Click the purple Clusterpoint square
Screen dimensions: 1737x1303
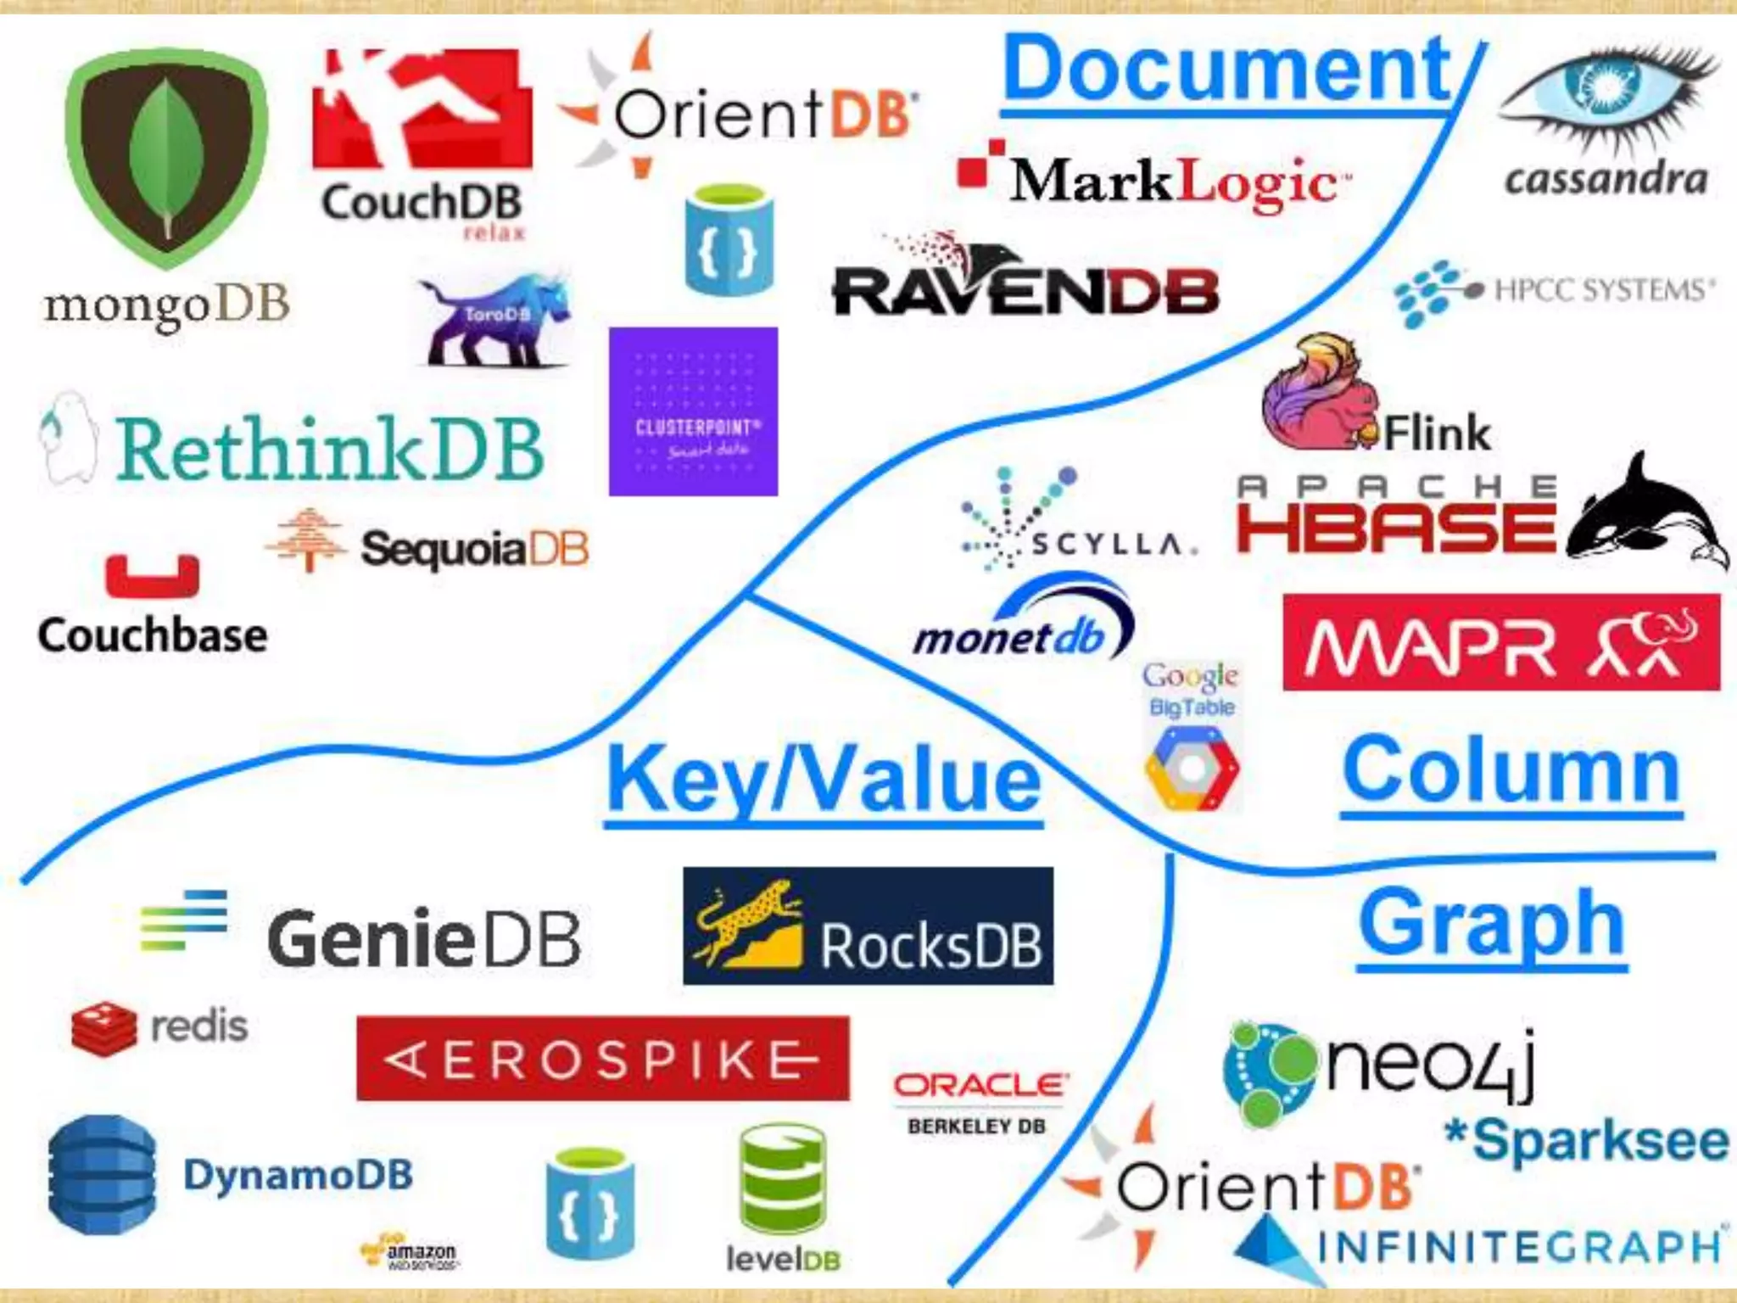point(693,411)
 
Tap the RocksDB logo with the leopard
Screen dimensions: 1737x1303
point(868,926)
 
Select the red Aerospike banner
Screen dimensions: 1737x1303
point(602,1059)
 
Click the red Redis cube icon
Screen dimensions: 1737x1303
point(103,1028)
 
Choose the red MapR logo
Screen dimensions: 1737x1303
point(1501,642)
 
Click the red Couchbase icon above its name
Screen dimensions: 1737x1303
point(153,577)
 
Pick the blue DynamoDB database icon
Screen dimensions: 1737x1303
point(103,1175)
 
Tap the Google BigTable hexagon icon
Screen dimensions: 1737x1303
point(1192,768)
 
